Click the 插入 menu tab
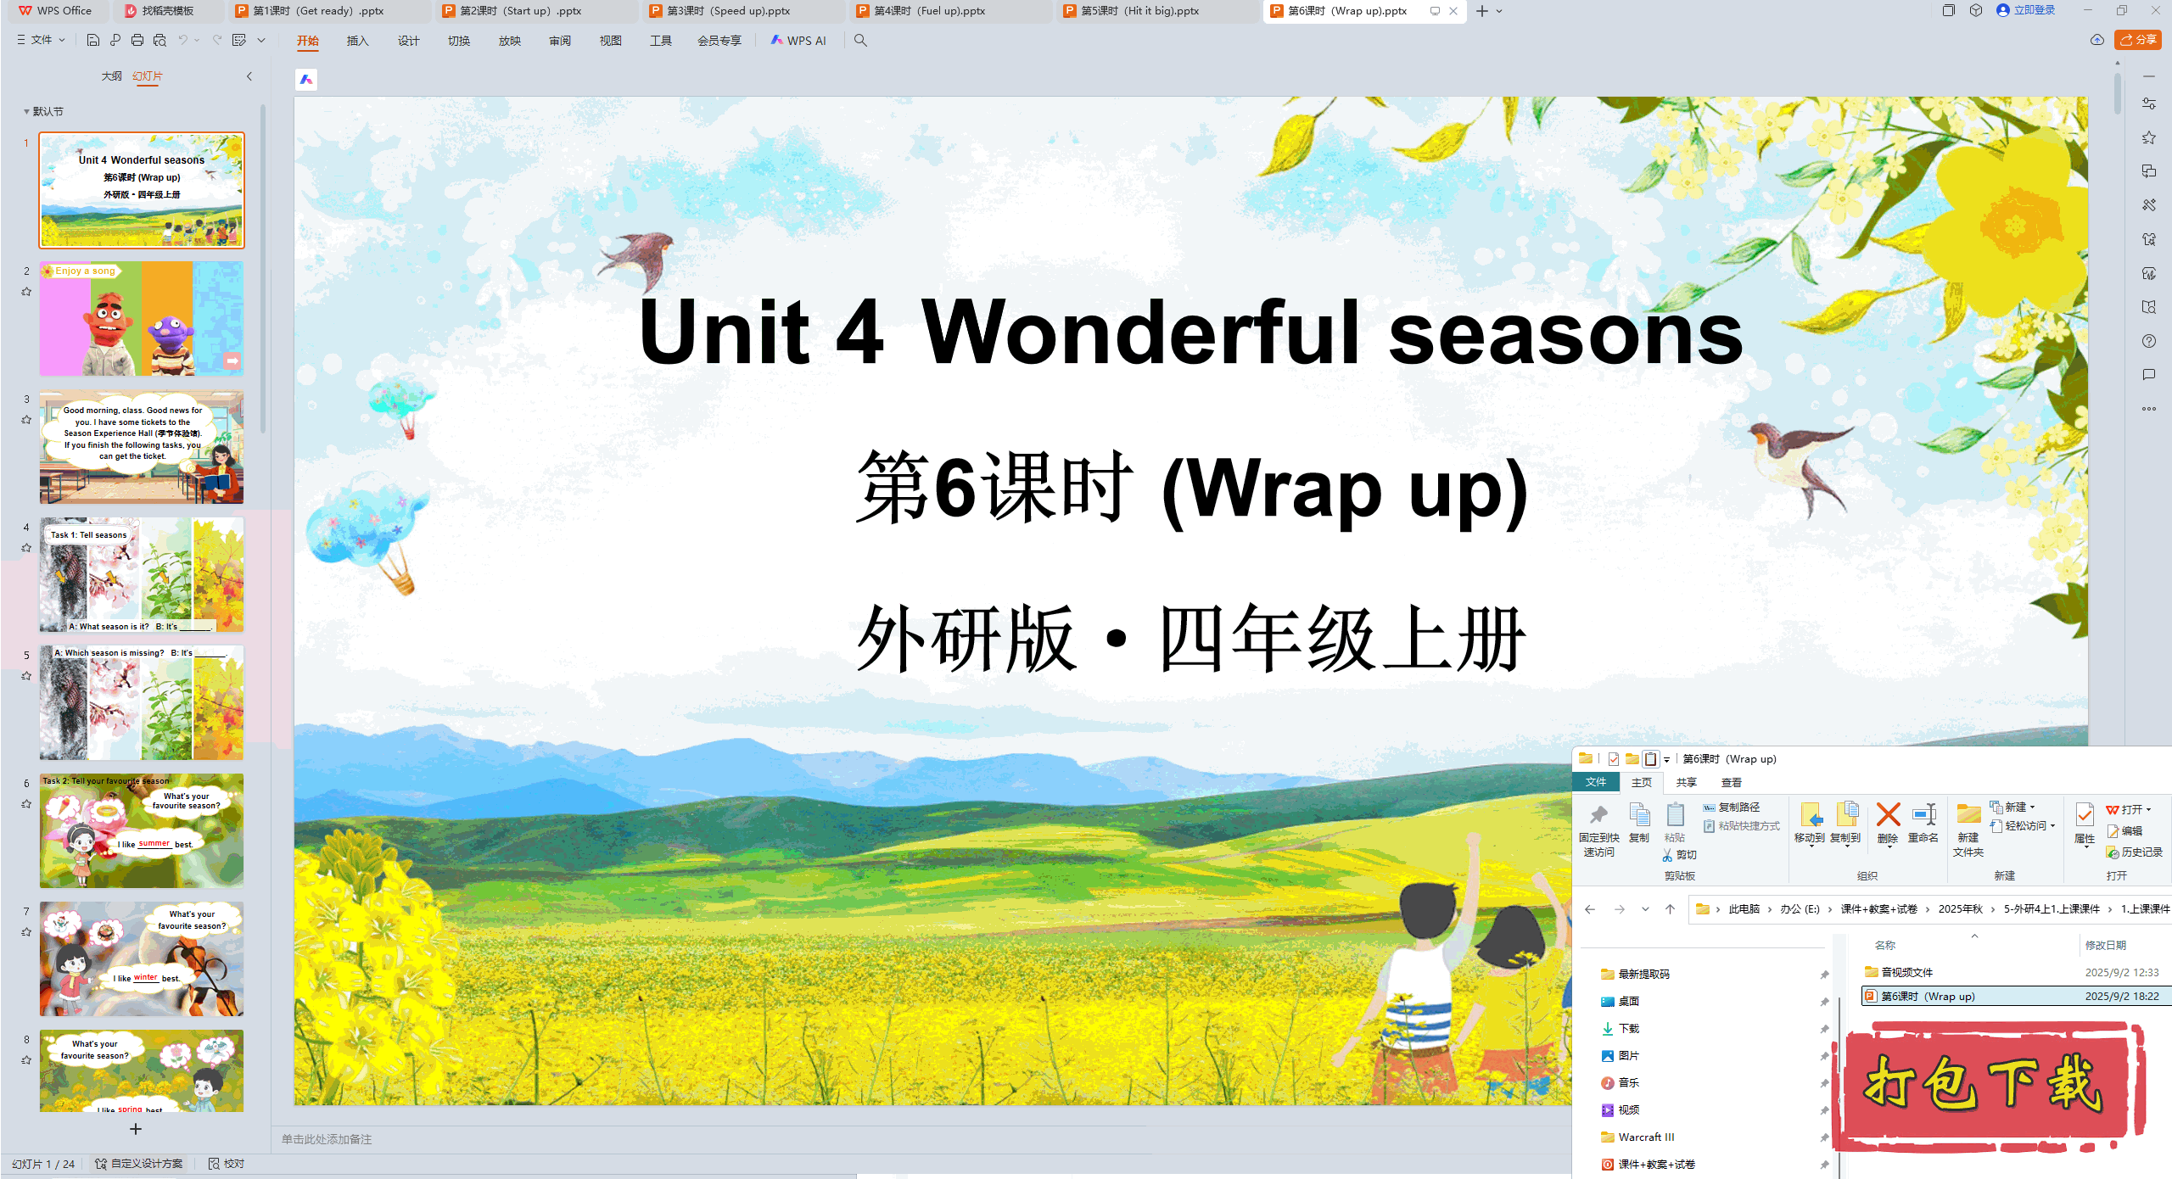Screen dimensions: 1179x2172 (x=357, y=41)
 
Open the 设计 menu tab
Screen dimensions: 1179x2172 (x=408, y=41)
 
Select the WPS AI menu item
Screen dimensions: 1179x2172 (x=798, y=41)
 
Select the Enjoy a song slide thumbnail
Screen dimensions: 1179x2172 (x=142, y=319)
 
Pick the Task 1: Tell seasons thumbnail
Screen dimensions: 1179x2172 (x=142, y=575)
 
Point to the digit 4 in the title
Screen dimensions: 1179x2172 (x=859, y=332)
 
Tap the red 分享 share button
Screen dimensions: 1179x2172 (x=2137, y=40)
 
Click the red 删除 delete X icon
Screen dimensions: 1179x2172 (x=1888, y=816)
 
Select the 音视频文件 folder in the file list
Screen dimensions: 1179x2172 (x=1906, y=972)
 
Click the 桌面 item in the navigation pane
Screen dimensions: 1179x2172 (x=1628, y=1001)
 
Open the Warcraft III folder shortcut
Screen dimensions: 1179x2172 (x=1645, y=1137)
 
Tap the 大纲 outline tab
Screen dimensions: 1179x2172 (x=111, y=76)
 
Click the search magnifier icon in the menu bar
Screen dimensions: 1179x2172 (x=860, y=41)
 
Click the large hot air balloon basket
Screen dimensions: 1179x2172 (x=402, y=584)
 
